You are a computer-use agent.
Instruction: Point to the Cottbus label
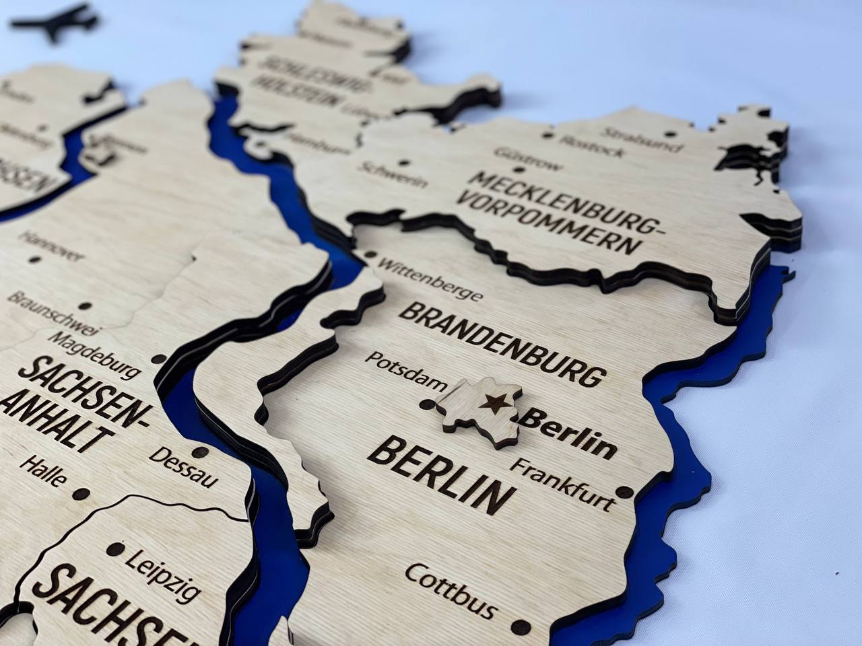tap(451, 590)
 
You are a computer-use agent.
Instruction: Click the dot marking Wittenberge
tap(370, 255)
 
